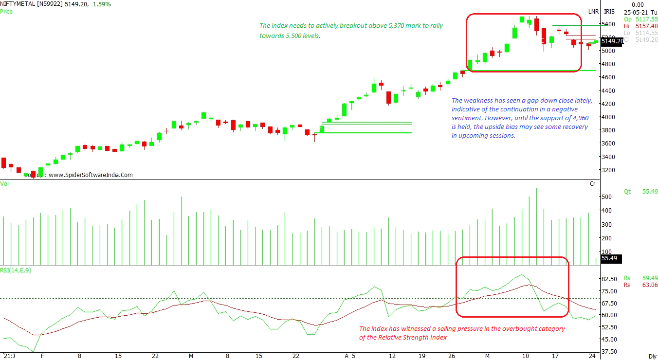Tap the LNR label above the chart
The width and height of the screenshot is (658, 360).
(x=593, y=11)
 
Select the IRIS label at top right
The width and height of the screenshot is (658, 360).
(x=609, y=11)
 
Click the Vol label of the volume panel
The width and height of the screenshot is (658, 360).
(x=4, y=184)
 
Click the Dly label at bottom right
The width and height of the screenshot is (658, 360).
(x=653, y=356)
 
